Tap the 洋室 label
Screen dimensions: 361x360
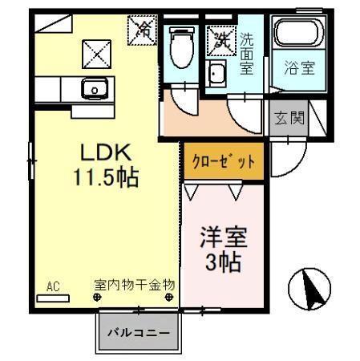coord(222,238)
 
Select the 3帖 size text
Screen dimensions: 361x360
coord(222,262)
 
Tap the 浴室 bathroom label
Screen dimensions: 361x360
coord(297,68)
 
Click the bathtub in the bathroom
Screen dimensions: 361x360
coord(297,35)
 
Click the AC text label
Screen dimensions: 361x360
coord(53,285)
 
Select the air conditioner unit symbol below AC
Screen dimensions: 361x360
coord(53,297)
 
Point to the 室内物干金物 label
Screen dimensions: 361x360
coord(134,285)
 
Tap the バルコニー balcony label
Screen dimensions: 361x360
coord(140,331)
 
